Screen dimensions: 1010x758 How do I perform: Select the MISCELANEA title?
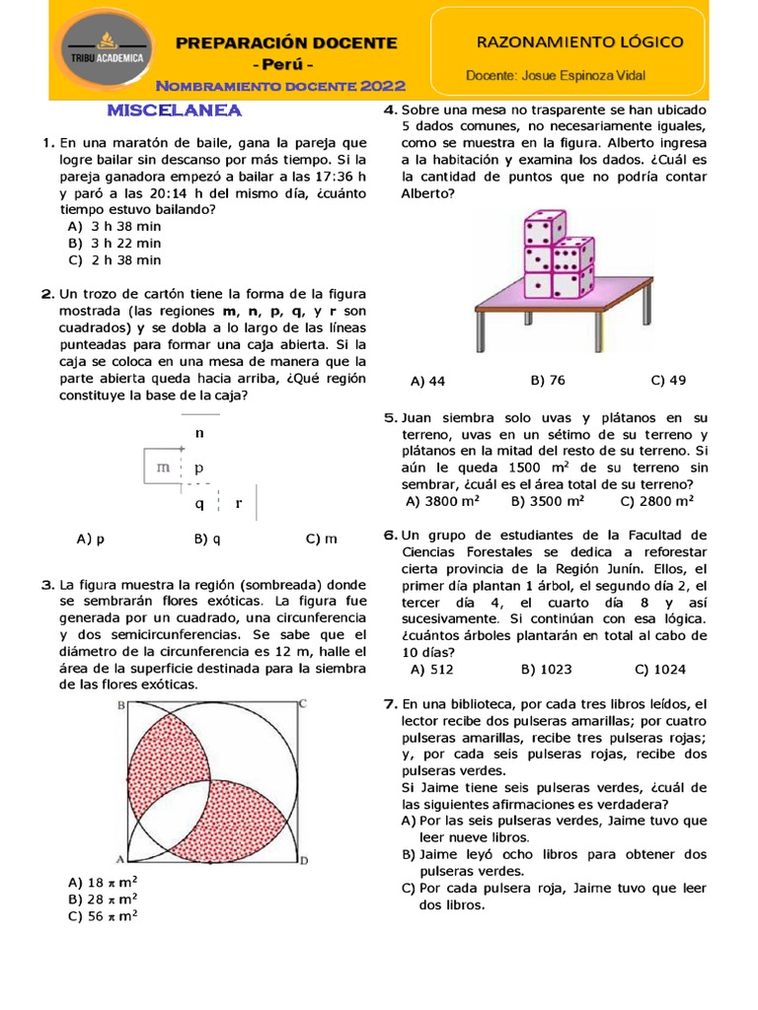coord(174,110)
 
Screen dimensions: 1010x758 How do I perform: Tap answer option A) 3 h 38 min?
coord(114,226)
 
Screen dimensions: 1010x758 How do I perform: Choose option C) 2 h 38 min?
coord(114,260)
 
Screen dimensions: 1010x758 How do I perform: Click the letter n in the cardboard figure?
coord(199,432)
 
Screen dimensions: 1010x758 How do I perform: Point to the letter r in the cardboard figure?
coord(238,503)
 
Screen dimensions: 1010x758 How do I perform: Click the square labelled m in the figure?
coord(162,468)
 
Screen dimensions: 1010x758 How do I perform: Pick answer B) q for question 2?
coord(207,539)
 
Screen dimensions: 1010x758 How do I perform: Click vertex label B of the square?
coord(120,704)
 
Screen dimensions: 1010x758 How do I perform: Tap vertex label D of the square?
coord(303,860)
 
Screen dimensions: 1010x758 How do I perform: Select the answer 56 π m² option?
coord(103,915)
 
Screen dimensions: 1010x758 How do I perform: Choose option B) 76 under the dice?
coord(548,380)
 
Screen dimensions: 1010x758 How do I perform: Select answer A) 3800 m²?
coord(443,501)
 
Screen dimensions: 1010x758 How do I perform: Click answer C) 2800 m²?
coord(657,501)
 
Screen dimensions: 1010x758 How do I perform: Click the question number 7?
coord(389,704)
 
